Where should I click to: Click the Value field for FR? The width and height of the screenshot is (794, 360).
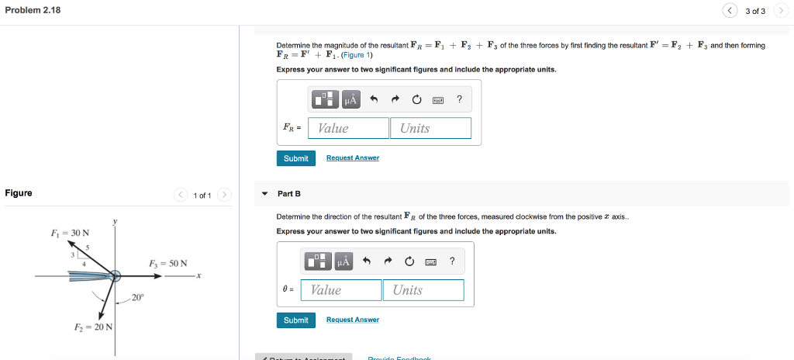click(x=348, y=128)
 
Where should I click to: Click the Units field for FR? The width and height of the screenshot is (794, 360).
click(x=430, y=128)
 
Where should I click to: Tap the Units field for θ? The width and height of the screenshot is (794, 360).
click(x=423, y=290)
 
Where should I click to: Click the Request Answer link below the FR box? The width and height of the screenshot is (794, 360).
click(x=353, y=158)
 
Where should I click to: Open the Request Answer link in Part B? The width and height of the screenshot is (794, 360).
click(x=353, y=320)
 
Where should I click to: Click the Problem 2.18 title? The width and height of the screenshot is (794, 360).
click(x=33, y=10)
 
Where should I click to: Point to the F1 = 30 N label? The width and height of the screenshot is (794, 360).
click(x=70, y=233)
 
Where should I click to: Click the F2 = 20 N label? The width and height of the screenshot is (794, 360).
click(x=92, y=327)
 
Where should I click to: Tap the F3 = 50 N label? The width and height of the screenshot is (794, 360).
click(x=167, y=264)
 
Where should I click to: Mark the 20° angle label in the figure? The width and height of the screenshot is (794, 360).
click(x=137, y=297)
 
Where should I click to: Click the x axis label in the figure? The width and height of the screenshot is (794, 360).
click(x=198, y=275)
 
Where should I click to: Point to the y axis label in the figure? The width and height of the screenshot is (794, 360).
click(x=116, y=222)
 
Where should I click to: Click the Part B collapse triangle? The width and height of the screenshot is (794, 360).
click(x=265, y=193)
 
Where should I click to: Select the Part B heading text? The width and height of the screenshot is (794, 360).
click(x=288, y=193)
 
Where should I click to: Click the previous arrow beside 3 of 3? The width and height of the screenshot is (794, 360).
click(x=730, y=11)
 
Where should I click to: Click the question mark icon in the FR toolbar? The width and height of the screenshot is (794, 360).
click(x=459, y=99)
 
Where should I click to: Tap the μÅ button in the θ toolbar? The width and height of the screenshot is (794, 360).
click(x=344, y=262)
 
